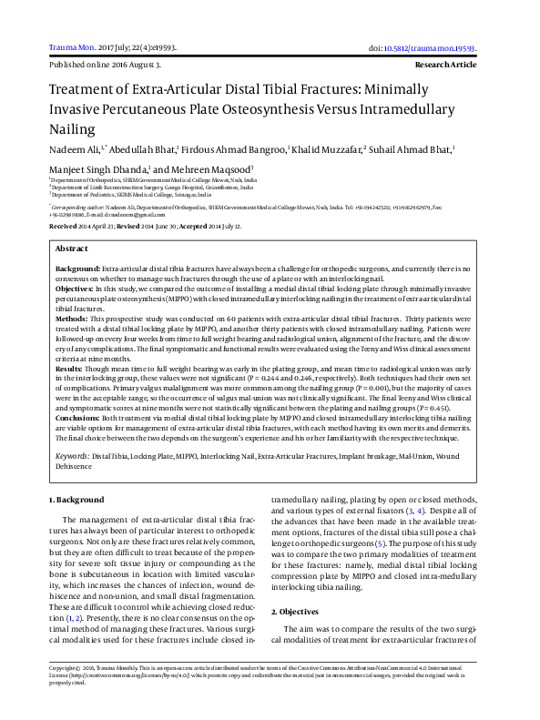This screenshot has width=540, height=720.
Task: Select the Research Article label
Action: [445, 66]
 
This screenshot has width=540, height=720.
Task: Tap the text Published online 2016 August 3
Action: [105, 66]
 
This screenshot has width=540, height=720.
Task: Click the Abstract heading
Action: [72, 248]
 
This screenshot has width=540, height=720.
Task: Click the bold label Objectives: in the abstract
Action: [76, 288]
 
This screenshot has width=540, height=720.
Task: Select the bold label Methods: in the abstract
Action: [73, 319]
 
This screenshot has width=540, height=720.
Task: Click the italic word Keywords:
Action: [72, 454]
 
